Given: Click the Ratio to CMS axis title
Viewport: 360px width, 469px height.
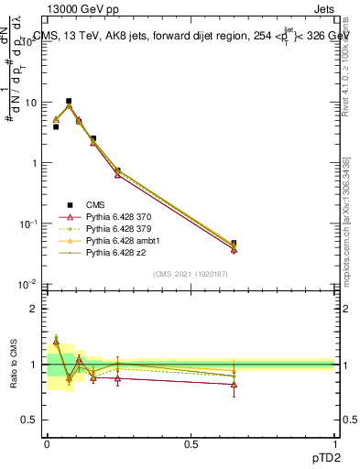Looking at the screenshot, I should (x=12, y=365).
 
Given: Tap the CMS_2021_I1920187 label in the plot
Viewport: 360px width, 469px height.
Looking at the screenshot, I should (x=191, y=274).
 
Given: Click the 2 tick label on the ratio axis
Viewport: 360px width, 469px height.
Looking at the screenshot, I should (x=35, y=309).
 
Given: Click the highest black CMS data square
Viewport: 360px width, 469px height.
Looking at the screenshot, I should (x=69, y=101).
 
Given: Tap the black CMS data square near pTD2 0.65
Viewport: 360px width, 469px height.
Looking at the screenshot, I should (x=234, y=244).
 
